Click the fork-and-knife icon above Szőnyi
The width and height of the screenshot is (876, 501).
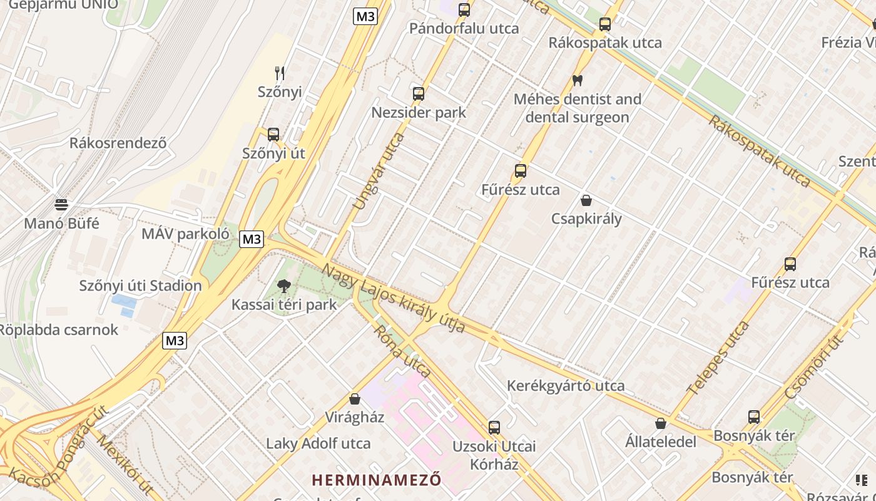click(x=280, y=73)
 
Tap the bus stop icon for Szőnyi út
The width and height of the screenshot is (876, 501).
click(x=273, y=134)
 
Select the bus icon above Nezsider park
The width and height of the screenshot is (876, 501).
click(x=419, y=94)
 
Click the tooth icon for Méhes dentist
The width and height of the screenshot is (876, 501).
click(x=577, y=81)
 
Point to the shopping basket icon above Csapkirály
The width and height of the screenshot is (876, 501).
click(x=586, y=200)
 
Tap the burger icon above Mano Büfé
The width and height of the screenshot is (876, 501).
click(x=61, y=205)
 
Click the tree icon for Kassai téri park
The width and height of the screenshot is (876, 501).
click(x=284, y=286)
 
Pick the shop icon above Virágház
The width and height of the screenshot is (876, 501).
click(x=355, y=399)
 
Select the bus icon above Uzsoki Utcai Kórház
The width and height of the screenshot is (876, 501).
click(x=494, y=428)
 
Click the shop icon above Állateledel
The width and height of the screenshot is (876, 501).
click(x=661, y=423)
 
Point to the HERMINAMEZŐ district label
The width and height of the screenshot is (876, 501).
click(x=377, y=480)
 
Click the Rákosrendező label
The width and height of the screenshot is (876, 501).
click(x=118, y=143)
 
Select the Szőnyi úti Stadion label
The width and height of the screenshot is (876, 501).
click(x=140, y=286)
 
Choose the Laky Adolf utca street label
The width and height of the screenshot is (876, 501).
click(x=318, y=444)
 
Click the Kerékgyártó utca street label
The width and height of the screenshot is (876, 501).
click(x=566, y=386)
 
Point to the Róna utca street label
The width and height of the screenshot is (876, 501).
click(x=403, y=351)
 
